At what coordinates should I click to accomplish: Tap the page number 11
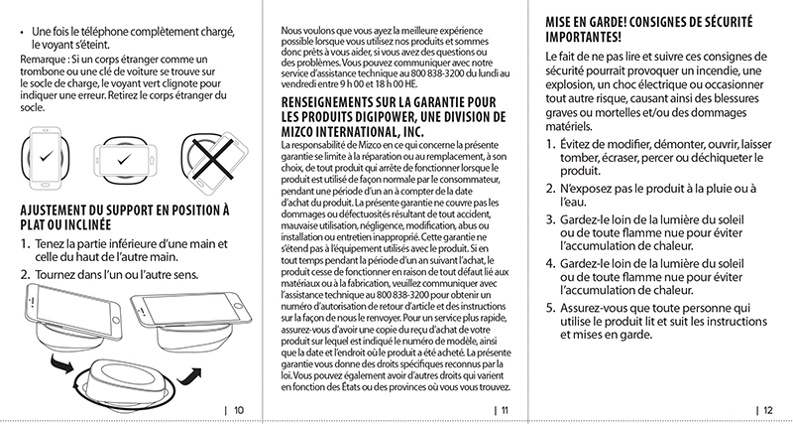pos(503,409)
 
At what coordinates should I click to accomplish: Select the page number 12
pos(767,409)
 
